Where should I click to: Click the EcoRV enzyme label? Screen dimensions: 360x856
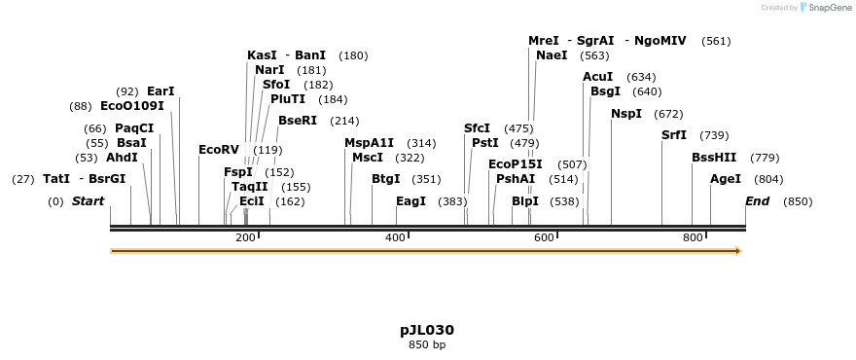[219, 150]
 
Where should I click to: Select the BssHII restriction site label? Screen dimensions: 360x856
[714, 158]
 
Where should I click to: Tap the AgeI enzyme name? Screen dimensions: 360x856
[726, 179]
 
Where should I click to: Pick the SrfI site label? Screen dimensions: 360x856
[674, 135]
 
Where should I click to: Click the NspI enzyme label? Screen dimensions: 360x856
[626, 114]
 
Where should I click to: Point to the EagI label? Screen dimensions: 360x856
[410, 201]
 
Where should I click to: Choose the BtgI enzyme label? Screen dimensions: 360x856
[386, 179]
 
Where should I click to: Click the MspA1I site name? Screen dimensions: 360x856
[370, 143]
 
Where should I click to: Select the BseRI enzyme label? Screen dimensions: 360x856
[298, 121]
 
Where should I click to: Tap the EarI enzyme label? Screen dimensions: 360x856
[160, 91]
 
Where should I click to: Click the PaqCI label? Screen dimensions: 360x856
[134, 128]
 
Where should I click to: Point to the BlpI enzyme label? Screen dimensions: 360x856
[525, 201]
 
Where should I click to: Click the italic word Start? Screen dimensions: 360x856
[88, 201]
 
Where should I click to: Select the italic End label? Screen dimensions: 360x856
[758, 201]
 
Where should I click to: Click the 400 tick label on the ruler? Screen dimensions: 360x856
[395, 238]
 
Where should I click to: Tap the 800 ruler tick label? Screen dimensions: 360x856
[693, 238]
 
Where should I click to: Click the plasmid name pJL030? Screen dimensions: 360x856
[427, 330]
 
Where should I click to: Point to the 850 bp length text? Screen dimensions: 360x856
[427, 344]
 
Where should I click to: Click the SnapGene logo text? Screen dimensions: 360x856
[830, 8]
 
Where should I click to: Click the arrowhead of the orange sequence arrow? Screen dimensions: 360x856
[738, 251]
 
